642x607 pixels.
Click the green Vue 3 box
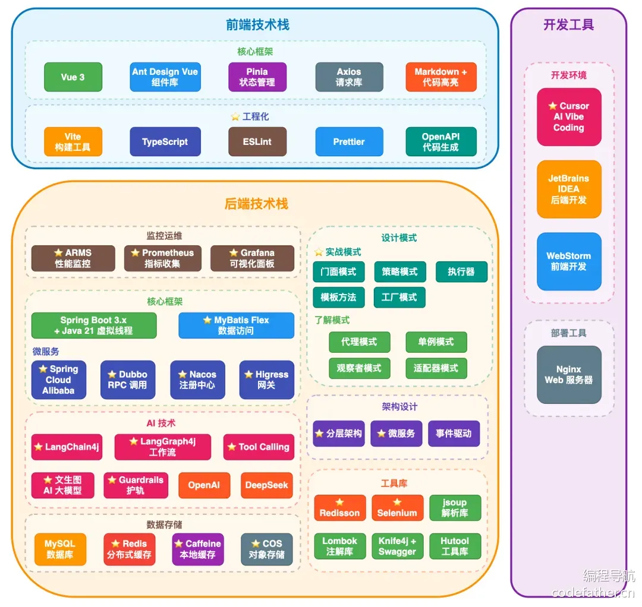coord(73,77)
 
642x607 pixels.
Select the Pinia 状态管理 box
coord(257,77)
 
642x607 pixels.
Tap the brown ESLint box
coord(257,141)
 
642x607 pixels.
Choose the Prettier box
coord(349,141)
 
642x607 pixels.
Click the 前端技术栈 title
coord(257,25)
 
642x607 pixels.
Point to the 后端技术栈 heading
coord(256,204)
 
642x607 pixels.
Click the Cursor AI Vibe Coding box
coord(569,117)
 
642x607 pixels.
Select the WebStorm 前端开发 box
coord(569,261)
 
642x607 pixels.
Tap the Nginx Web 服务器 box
coord(569,375)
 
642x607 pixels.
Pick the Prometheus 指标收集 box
coord(162,258)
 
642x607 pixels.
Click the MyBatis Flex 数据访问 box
coord(236,325)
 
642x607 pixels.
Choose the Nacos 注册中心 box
coord(197,380)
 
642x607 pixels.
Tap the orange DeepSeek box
coord(266,485)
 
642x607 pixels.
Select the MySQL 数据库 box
coord(60,549)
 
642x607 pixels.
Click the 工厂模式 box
coord(399,298)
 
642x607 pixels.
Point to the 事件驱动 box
coord(454,434)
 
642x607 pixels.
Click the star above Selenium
coord(397,502)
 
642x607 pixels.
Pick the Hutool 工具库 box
coord(455,546)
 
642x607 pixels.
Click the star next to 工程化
coord(235,117)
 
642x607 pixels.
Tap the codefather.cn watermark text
coord(593,593)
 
